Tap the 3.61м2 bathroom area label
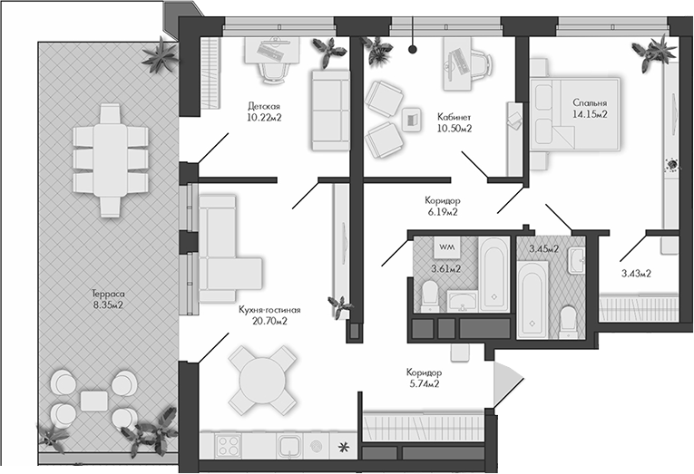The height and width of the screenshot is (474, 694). pos(445,268)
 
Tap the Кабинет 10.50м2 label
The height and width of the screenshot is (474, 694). pos(454,123)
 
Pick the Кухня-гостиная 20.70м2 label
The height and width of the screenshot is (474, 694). pos(269,314)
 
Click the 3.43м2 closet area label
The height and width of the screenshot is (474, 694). pos(636,273)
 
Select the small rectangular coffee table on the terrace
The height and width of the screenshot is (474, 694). pos(93,399)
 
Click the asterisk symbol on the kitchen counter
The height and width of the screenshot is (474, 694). pos(343,446)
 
